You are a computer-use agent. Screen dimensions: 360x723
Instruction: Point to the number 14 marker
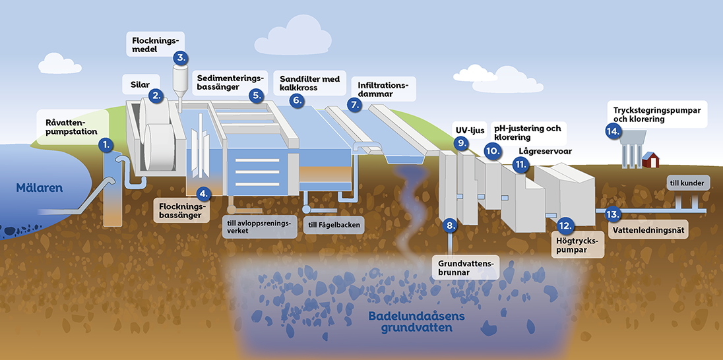point(613,131)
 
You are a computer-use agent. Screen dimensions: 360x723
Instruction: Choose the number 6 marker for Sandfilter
point(297,100)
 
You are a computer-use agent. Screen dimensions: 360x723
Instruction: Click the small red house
point(652,160)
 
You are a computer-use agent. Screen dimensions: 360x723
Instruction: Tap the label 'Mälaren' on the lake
point(39,188)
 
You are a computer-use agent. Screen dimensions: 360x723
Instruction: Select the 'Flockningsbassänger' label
point(181,210)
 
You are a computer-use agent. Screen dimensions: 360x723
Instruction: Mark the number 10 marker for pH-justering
point(491,150)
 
